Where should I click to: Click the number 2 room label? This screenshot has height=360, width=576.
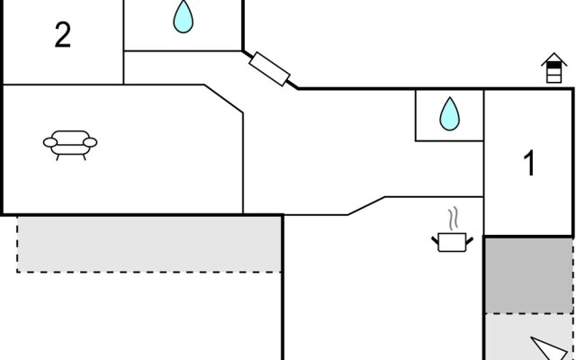(x=62, y=36)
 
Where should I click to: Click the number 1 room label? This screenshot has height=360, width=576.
(x=530, y=164)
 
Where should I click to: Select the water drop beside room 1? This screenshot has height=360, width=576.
(x=448, y=114)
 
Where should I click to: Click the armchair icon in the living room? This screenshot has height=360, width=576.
(x=71, y=142)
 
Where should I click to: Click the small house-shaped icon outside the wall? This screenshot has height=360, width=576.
(x=553, y=69)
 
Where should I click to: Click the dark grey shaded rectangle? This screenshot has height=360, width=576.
(x=530, y=274)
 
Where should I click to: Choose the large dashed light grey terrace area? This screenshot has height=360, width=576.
(x=149, y=243)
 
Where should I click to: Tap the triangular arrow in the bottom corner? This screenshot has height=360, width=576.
(x=548, y=348)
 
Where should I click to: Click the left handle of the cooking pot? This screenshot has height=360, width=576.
(x=436, y=238)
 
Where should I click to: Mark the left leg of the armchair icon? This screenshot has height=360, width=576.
(x=59, y=156)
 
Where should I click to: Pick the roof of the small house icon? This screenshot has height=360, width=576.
(x=553, y=61)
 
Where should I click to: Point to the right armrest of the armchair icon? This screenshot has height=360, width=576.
(x=92, y=141)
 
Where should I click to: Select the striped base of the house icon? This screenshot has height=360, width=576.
(x=553, y=76)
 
